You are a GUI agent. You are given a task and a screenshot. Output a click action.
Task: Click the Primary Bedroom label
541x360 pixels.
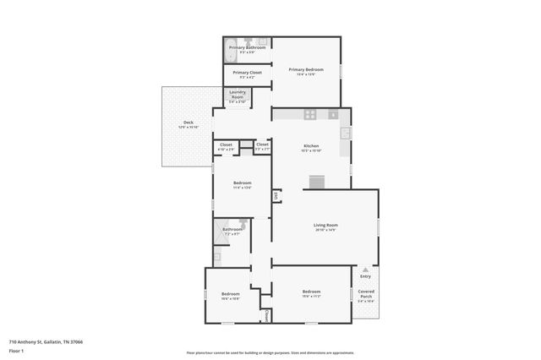tap(306, 69)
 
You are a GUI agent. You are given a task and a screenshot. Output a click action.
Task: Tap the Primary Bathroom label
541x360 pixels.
tap(247, 48)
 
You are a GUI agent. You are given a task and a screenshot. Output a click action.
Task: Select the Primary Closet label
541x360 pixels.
tap(247, 73)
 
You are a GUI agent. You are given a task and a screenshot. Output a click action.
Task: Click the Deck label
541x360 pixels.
tap(188, 123)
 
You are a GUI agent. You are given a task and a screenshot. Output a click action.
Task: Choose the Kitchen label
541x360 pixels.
tap(311, 146)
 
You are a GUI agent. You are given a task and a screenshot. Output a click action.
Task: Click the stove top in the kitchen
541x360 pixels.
tap(310, 114)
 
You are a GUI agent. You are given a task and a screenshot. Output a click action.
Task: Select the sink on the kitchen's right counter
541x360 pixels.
tap(345, 134)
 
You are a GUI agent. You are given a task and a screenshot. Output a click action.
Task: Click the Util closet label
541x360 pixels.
tap(276, 196)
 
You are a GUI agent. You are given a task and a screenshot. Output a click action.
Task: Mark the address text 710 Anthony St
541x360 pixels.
tap(46, 341)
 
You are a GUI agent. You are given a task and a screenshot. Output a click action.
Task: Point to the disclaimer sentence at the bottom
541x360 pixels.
tap(270, 352)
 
